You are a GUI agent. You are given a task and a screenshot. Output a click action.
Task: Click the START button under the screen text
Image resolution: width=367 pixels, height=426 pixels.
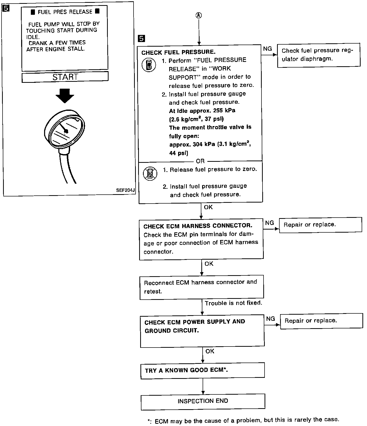[x=65, y=77]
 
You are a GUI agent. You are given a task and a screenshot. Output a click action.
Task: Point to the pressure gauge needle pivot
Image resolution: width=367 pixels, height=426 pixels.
[x=66, y=131]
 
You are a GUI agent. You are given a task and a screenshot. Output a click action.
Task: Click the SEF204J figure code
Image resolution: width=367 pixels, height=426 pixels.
[x=125, y=190]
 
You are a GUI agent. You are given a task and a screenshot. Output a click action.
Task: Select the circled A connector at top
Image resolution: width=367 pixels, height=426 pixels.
[x=199, y=16]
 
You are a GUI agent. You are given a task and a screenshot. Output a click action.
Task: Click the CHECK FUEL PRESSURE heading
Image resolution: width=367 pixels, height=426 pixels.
[x=178, y=52]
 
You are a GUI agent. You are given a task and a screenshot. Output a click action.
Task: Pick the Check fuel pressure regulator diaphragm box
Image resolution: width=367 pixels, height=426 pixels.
[x=319, y=55]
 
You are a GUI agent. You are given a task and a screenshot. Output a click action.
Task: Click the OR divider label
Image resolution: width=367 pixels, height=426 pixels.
[x=200, y=161]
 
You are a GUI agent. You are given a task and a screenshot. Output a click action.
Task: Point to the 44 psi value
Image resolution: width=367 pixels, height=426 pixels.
[x=179, y=153]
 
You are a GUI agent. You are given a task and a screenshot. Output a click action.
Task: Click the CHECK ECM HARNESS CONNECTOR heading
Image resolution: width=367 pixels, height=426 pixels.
[x=198, y=226]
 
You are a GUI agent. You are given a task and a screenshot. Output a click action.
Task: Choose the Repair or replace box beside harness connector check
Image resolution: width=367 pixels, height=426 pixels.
[x=320, y=225]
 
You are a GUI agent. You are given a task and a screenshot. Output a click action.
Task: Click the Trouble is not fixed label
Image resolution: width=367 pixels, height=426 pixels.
[x=233, y=303]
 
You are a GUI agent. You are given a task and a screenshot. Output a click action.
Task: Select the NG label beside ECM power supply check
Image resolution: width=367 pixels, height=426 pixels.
[x=270, y=319]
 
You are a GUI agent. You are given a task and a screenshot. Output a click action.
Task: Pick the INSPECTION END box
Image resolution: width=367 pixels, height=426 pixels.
[x=203, y=401]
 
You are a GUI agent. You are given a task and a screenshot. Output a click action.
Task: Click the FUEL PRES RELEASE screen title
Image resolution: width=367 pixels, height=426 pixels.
[x=65, y=12]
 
